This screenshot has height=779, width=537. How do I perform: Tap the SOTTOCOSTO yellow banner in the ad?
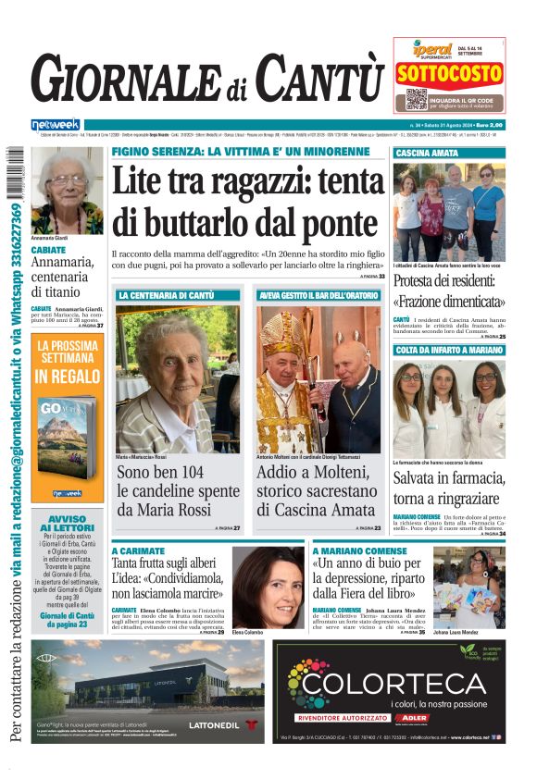[x=449, y=75]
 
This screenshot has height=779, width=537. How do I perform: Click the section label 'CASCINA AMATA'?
[x=427, y=153]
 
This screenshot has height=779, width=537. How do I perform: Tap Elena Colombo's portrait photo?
[x=267, y=586]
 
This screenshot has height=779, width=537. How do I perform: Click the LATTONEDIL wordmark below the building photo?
[x=212, y=724]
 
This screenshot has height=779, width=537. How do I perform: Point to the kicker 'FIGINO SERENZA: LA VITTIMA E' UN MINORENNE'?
[x=240, y=152]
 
